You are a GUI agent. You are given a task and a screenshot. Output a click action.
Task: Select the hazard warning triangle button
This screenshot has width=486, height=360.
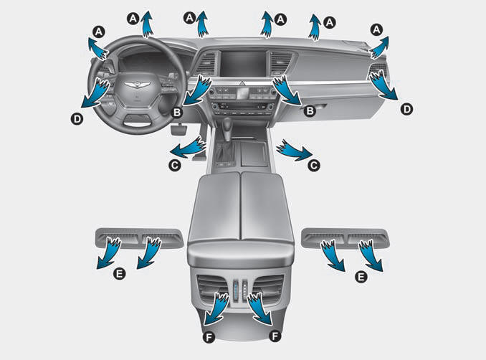pyautogui.click(x=242, y=83)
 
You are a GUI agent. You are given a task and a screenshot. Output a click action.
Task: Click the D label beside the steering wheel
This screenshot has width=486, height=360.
pyautogui.click(x=77, y=119)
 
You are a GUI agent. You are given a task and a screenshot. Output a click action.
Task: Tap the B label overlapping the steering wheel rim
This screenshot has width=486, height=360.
pyautogui.click(x=177, y=113)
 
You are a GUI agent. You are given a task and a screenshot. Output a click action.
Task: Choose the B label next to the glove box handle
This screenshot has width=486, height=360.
pyautogui.click(x=310, y=110)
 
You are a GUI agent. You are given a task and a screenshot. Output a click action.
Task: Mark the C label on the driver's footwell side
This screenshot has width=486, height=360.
pyautogui.click(x=174, y=165)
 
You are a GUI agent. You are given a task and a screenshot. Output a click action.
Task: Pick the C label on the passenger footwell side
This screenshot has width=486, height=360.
pyautogui.click(x=314, y=165)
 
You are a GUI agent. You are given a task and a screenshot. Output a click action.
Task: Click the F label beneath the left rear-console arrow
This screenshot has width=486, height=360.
pyautogui.click(x=209, y=337)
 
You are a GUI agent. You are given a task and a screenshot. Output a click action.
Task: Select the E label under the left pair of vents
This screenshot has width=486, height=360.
pyautogui.click(x=119, y=274)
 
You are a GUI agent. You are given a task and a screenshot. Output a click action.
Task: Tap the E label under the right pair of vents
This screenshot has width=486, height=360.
pyautogui.click(x=361, y=277)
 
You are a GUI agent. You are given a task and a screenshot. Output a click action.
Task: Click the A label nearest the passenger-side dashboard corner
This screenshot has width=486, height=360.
pyautogui.click(x=376, y=30)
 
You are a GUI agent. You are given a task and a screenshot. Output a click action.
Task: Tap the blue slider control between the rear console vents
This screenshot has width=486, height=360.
pyautogui.click(x=236, y=289)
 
